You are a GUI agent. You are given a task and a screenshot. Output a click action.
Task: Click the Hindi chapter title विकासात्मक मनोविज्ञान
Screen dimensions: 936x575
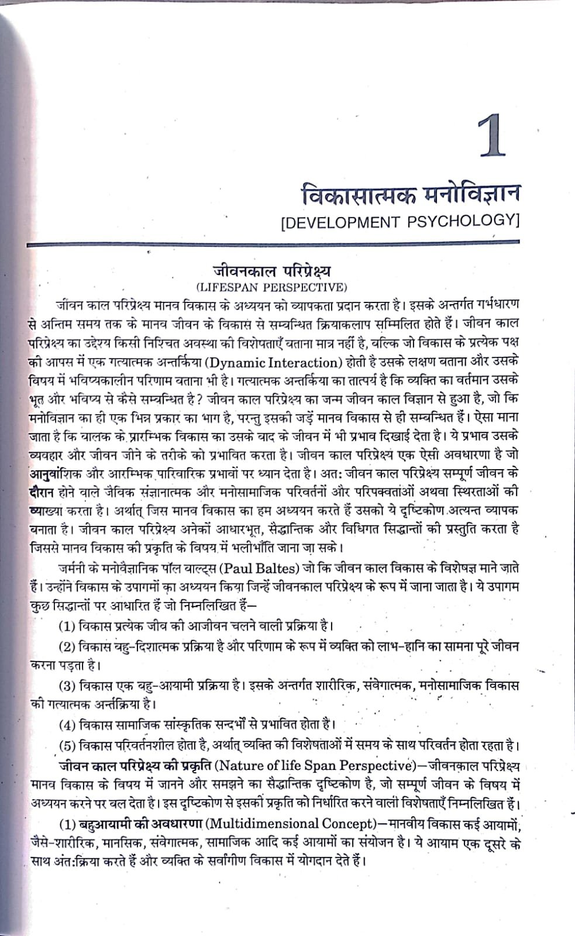(x=409, y=192)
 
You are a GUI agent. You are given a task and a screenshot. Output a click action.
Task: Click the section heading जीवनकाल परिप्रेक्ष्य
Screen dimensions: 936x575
(x=271, y=272)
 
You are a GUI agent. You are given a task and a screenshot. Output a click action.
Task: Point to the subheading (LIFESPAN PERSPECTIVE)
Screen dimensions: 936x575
(x=271, y=287)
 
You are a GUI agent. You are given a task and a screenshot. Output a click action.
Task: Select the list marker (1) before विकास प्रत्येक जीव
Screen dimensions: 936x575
(x=67, y=625)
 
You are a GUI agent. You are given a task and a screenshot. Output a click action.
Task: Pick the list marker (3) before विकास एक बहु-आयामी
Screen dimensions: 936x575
(x=67, y=685)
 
